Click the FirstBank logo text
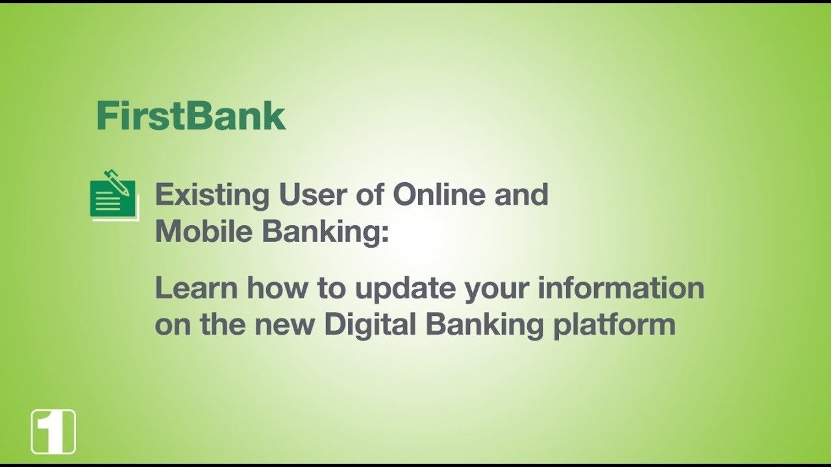click(x=191, y=117)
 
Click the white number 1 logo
click(x=53, y=431)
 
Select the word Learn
click(x=195, y=288)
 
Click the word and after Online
click(x=522, y=195)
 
